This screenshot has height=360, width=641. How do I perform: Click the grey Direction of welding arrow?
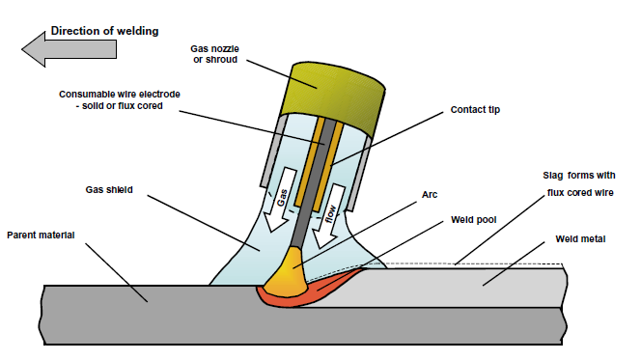coord(43,47)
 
